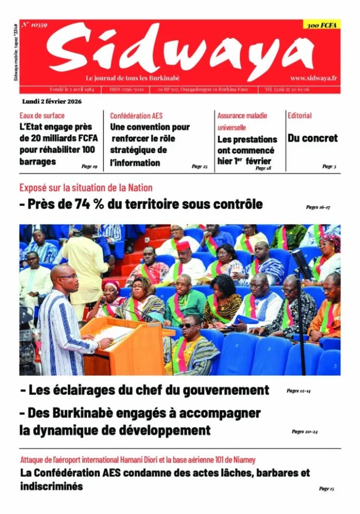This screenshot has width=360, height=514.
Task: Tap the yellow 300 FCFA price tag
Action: click(x=321, y=25)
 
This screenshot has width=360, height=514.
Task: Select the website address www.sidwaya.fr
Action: click(x=313, y=78)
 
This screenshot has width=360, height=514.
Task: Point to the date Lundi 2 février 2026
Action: click(x=52, y=101)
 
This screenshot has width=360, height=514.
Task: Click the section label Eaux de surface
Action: click(x=42, y=116)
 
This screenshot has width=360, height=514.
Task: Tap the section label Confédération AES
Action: click(x=136, y=116)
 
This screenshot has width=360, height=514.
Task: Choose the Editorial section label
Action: click(x=300, y=116)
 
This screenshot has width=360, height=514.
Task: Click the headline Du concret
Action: click(x=312, y=138)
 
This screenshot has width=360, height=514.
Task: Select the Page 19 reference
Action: click(x=89, y=167)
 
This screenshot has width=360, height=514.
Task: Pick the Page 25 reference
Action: click(x=199, y=167)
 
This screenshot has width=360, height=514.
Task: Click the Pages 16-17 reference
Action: click(x=318, y=207)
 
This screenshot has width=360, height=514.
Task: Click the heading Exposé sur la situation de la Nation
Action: click(x=86, y=188)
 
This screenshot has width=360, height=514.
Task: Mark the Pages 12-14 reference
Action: click(x=298, y=391)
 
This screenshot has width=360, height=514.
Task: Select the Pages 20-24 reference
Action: click(x=305, y=431)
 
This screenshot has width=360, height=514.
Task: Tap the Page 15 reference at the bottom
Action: click(x=326, y=488)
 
